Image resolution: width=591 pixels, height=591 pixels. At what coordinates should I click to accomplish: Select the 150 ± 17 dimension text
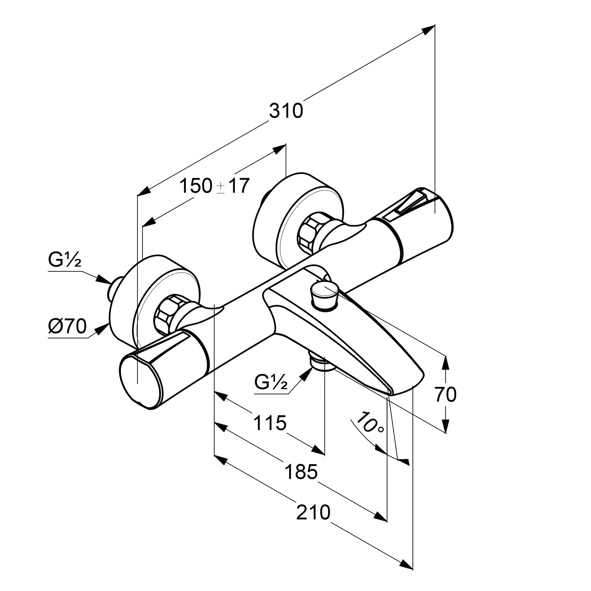tap(215, 186)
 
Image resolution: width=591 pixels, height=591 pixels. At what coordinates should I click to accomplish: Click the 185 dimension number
tap(301, 472)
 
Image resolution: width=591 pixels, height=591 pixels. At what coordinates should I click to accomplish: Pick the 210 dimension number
tap(313, 513)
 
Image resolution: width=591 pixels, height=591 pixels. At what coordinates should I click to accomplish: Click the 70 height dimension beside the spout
tap(446, 394)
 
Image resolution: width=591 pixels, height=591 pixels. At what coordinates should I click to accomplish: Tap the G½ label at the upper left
tap(65, 260)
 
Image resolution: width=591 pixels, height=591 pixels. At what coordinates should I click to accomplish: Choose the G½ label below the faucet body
tap(271, 381)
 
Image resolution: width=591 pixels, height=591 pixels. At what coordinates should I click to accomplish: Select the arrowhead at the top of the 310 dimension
tap(428, 30)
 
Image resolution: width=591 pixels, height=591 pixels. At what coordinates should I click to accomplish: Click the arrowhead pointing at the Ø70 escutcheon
tap(104, 327)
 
